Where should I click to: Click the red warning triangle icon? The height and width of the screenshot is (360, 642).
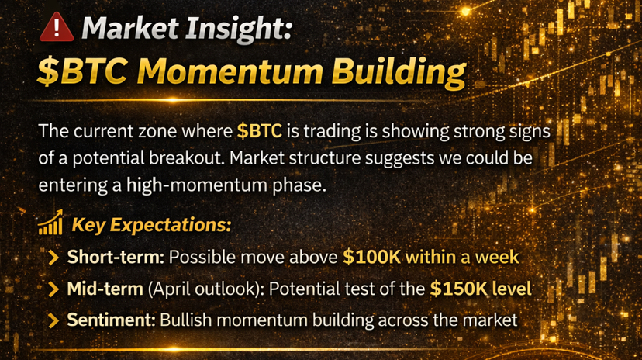pyautogui.click(x=57, y=27)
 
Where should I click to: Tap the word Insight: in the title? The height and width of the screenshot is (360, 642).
pyautogui.click(x=238, y=29)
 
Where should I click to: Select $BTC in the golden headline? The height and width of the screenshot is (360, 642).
pyautogui.click(x=82, y=71)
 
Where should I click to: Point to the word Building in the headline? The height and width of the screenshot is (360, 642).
pyautogui.click(x=399, y=73)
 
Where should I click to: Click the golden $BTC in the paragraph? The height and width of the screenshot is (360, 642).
pyautogui.click(x=260, y=131)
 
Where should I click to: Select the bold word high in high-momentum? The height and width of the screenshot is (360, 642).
pyautogui.click(x=144, y=185)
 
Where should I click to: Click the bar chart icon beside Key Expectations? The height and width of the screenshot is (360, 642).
pyautogui.click(x=50, y=223)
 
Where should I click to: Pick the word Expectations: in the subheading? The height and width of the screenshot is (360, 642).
pyautogui.click(x=171, y=225)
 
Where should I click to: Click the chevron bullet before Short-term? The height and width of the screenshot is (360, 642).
pyautogui.click(x=53, y=258)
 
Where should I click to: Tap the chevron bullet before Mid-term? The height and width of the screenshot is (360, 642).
pyautogui.click(x=53, y=289)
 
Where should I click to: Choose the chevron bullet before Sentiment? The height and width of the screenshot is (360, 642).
pyautogui.click(x=53, y=320)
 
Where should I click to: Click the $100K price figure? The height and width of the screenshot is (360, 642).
pyautogui.click(x=371, y=258)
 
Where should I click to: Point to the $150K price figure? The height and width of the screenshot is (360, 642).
pyautogui.click(x=458, y=289)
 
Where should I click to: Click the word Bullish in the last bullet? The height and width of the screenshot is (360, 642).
pyautogui.click(x=185, y=320)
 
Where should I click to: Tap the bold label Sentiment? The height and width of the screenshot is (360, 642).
pyautogui.click(x=111, y=320)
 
